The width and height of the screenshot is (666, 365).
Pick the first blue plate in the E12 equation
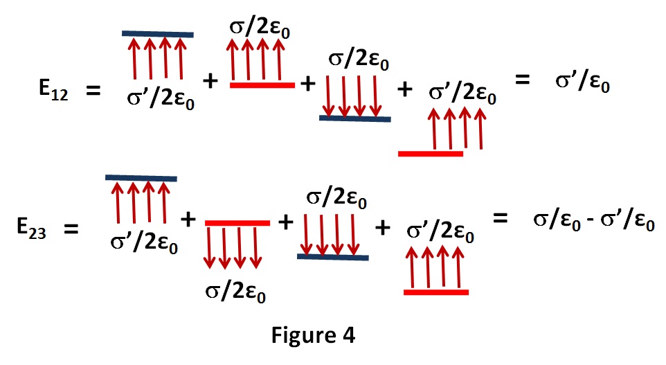157,33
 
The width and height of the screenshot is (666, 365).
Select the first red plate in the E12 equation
262,84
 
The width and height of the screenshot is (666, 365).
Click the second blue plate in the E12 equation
354,118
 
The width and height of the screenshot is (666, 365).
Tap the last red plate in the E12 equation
431,153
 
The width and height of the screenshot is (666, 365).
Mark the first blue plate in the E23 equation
141,178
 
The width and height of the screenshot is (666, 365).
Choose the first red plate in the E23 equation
237,222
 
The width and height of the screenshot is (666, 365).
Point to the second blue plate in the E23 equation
332,256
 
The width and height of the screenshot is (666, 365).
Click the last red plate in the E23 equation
436,292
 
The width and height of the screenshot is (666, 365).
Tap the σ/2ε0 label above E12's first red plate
258,29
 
